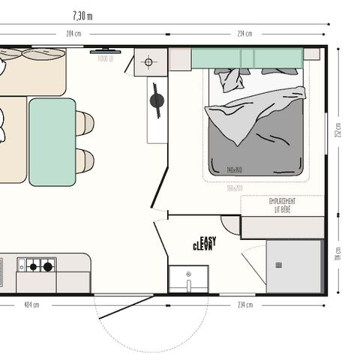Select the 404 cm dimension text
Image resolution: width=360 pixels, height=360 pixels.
(31, 305)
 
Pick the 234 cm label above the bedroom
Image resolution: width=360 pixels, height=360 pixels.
(244, 34)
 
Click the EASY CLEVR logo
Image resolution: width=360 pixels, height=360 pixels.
(204, 243)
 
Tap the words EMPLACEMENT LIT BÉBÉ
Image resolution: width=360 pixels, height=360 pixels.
(282, 205)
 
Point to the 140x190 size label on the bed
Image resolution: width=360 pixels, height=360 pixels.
(235, 170)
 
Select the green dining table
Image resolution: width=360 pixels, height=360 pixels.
(52, 142)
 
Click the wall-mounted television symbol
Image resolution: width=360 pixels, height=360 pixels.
(103, 52)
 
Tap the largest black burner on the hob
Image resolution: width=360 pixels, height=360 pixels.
(48, 265)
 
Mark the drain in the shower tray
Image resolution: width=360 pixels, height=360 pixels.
(279, 265)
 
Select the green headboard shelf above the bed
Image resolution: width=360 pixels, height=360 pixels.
(247, 58)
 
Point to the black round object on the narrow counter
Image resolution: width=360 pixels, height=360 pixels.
(156, 100)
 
